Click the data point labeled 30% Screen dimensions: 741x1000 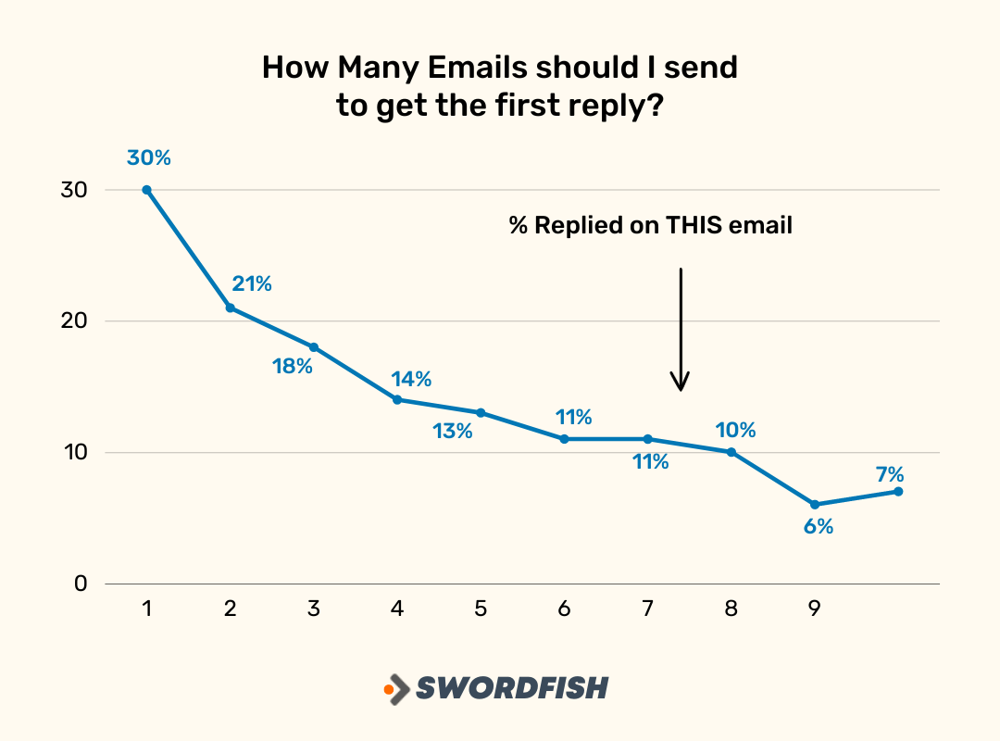click(x=147, y=190)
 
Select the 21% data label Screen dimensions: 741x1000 click(x=252, y=284)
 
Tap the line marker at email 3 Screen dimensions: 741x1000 click(x=314, y=347)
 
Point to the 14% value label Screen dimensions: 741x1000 click(x=411, y=379)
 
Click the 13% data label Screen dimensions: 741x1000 click(x=453, y=431)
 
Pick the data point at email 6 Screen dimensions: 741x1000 click(x=564, y=439)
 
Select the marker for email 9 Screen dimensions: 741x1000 click(x=815, y=505)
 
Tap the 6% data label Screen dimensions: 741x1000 click(x=818, y=527)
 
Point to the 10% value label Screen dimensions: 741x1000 click(x=736, y=431)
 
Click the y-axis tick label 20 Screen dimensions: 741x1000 click(x=75, y=321)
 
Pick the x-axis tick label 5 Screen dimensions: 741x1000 click(x=481, y=609)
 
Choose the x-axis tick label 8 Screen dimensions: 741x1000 click(x=731, y=609)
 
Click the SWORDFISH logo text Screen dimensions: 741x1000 click(x=512, y=688)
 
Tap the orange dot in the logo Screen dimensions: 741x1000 click(x=389, y=689)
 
